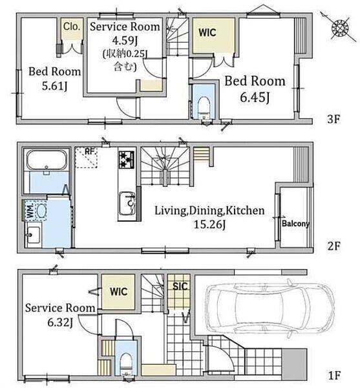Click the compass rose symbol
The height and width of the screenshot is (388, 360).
340,27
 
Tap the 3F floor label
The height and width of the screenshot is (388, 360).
334,119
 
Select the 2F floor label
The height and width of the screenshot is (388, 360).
334,246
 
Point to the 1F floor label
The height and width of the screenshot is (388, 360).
334,375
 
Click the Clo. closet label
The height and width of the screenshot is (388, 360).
72,27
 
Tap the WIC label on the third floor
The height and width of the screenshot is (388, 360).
207,32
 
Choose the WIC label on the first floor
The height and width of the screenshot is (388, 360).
119,292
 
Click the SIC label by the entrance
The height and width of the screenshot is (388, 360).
180,286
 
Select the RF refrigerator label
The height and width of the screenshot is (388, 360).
89,151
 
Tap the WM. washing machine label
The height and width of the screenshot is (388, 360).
30,211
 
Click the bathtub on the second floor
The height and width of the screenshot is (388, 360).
47,160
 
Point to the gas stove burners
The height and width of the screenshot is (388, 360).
126,160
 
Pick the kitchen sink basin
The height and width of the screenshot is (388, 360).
127,204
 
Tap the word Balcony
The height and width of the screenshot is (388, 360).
296,224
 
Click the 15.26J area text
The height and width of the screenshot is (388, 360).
209,224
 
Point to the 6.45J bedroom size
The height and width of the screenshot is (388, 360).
255,97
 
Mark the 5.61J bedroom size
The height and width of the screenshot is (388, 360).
55,86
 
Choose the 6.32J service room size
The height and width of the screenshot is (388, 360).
60,322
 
